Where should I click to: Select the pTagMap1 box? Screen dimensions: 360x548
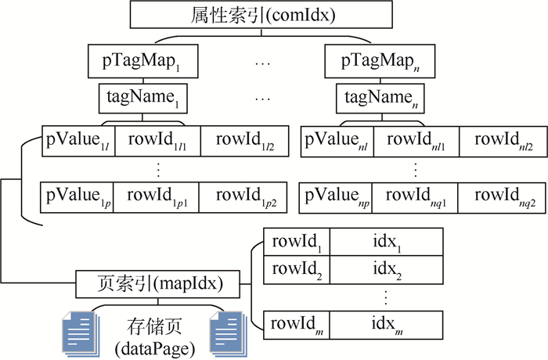141,60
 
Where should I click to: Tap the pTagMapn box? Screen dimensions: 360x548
379,60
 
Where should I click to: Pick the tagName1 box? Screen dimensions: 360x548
141,99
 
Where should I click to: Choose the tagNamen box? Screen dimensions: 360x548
379,99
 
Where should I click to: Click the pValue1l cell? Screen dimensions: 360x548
78,140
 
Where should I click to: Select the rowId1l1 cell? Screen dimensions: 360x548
157,140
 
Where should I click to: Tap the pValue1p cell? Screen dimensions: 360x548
78,195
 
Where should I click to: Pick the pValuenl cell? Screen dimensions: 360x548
337,140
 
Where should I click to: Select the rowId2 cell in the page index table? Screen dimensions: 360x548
287,270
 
